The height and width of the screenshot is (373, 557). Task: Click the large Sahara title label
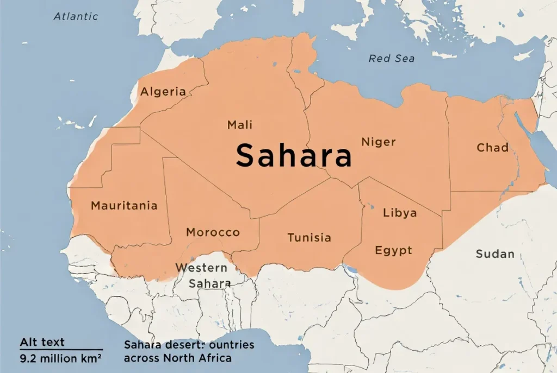[294, 155]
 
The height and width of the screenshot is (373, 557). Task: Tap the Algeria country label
[163, 92]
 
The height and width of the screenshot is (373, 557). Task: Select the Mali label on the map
[240, 125]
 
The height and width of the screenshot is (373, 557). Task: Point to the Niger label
[379, 142]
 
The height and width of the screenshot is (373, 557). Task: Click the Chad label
[493, 148]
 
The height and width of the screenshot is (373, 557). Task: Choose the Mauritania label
[124, 206]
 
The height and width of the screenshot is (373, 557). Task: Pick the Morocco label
[213, 232]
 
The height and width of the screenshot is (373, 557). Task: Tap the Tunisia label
[309, 238]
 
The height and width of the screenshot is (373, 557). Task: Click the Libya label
[400, 212]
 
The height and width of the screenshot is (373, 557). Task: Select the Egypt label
[394, 250]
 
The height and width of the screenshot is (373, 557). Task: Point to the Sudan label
[495, 254]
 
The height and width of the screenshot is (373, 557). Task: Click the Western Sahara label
[202, 275]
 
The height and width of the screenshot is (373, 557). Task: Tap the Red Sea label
[392, 59]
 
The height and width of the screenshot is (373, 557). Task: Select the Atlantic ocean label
[76, 16]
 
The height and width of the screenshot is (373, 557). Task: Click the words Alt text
[42, 342]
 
